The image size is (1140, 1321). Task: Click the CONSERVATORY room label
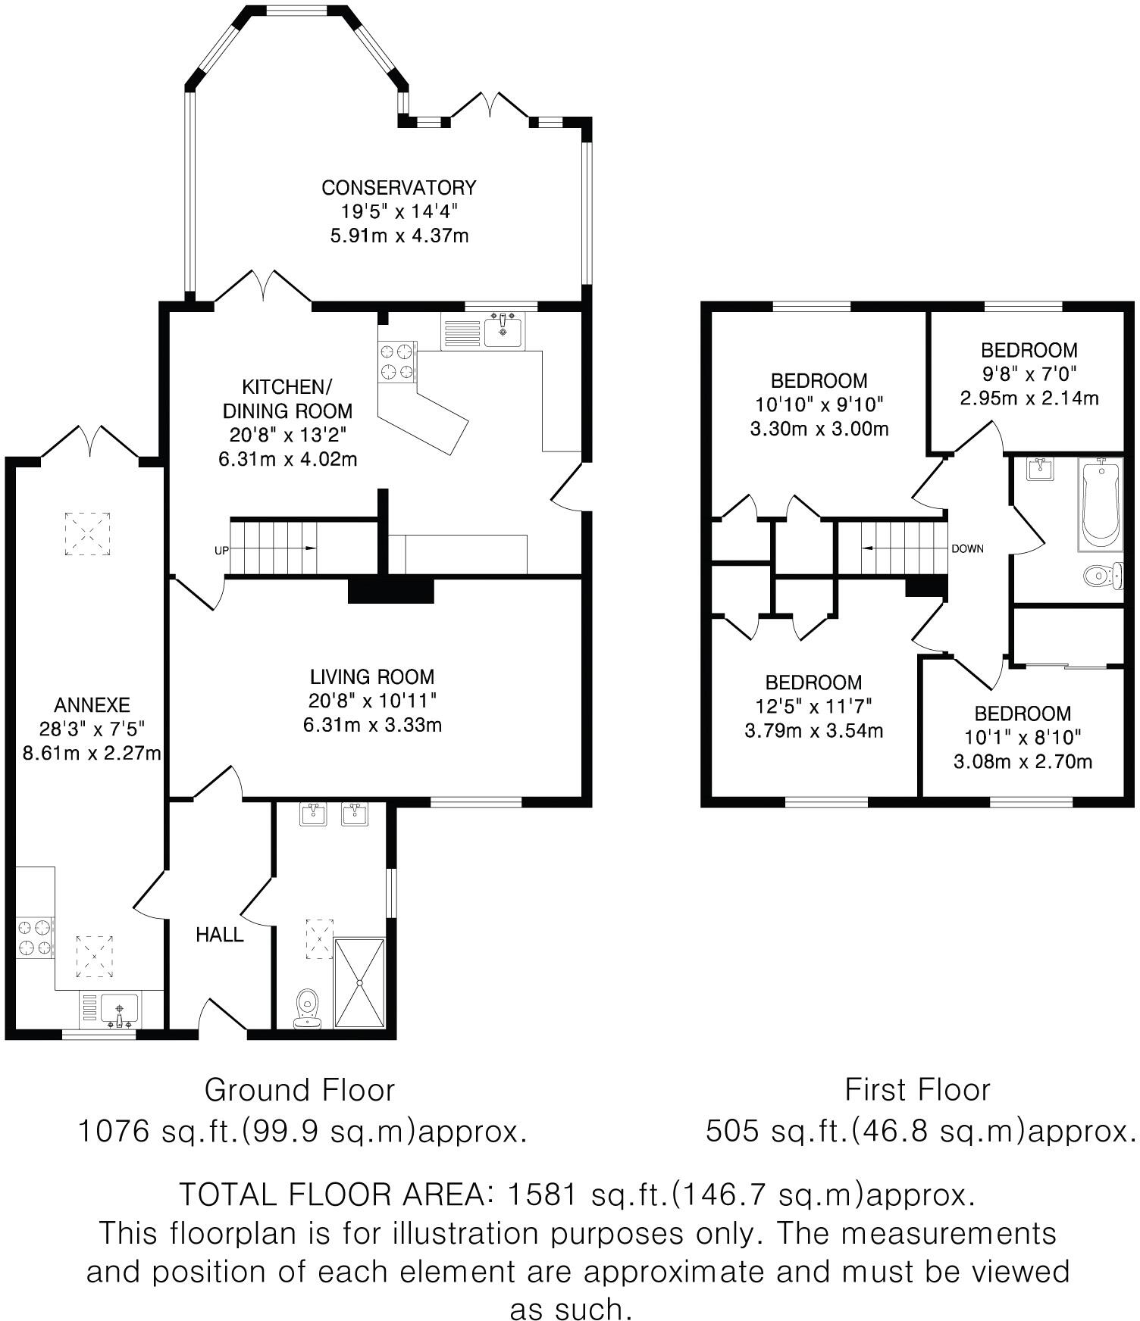(399, 187)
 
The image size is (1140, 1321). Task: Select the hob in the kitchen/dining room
(398, 361)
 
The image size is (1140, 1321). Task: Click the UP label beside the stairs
(221, 551)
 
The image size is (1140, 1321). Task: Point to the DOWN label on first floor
(968, 548)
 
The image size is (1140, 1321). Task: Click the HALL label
(220, 935)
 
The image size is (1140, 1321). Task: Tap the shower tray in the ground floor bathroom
(359, 983)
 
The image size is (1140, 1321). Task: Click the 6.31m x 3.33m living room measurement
(372, 725)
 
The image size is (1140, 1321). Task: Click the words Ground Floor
(300, 1090)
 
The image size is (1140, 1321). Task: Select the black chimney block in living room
(390, 591)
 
